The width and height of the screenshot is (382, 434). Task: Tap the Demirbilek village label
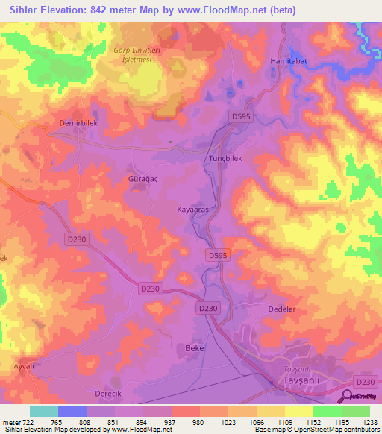pyautogui.click(x=79, y=122)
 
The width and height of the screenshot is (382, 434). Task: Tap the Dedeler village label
pyautogui.click(x=283, y=308)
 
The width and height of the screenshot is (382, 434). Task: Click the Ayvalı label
pyautogui.click(x=25, y=368)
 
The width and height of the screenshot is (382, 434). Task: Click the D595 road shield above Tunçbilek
pyautogui.click(x=240, y=117)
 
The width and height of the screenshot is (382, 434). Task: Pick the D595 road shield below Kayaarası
pyautogui.click(x=216, y=255)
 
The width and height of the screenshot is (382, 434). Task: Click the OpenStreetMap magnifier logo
pyautogui.click(x=348, y=397)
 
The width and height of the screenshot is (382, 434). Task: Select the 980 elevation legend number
pyautogui.click(x=198, y=423)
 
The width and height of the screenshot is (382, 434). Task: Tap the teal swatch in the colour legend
pyautogui.click(x=43, y=411)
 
